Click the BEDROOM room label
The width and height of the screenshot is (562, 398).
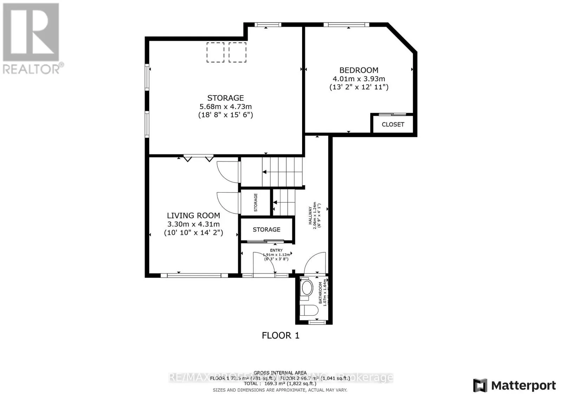point(359,70)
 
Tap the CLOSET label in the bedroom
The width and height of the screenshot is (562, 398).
point(393,124)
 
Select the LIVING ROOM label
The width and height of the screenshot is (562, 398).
point(193,216)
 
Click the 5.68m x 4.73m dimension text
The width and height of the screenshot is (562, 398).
point(226,107)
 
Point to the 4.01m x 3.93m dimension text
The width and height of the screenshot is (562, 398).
point(359,79)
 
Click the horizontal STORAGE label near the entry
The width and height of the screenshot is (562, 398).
point(266,230)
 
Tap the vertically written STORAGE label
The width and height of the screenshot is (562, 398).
point(256,203)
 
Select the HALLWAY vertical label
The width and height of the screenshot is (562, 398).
point(311,216)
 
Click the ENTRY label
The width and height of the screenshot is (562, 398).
point(276,250)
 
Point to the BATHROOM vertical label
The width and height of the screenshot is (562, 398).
point(320,293)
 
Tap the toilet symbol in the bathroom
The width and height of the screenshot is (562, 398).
point(311,310)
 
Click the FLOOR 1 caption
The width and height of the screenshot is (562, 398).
point(280,335)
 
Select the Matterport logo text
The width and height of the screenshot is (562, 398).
point(523,385)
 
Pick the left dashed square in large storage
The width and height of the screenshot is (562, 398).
point(215,52)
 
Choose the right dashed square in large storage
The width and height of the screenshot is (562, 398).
point(237,52)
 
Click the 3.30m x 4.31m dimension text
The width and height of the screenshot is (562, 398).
point(194,224)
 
